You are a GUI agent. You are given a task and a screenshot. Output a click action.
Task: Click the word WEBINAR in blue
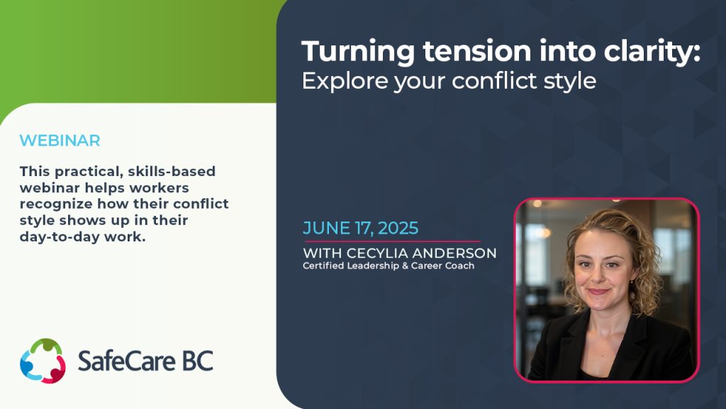point(60,141)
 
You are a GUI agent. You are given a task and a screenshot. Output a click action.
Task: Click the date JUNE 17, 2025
point(360,229)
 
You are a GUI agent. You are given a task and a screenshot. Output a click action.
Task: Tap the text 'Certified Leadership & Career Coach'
point(388,266)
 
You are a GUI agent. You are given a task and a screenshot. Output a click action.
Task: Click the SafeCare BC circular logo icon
point(43,361)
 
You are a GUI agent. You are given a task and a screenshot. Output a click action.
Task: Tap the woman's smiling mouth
point(598,291)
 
